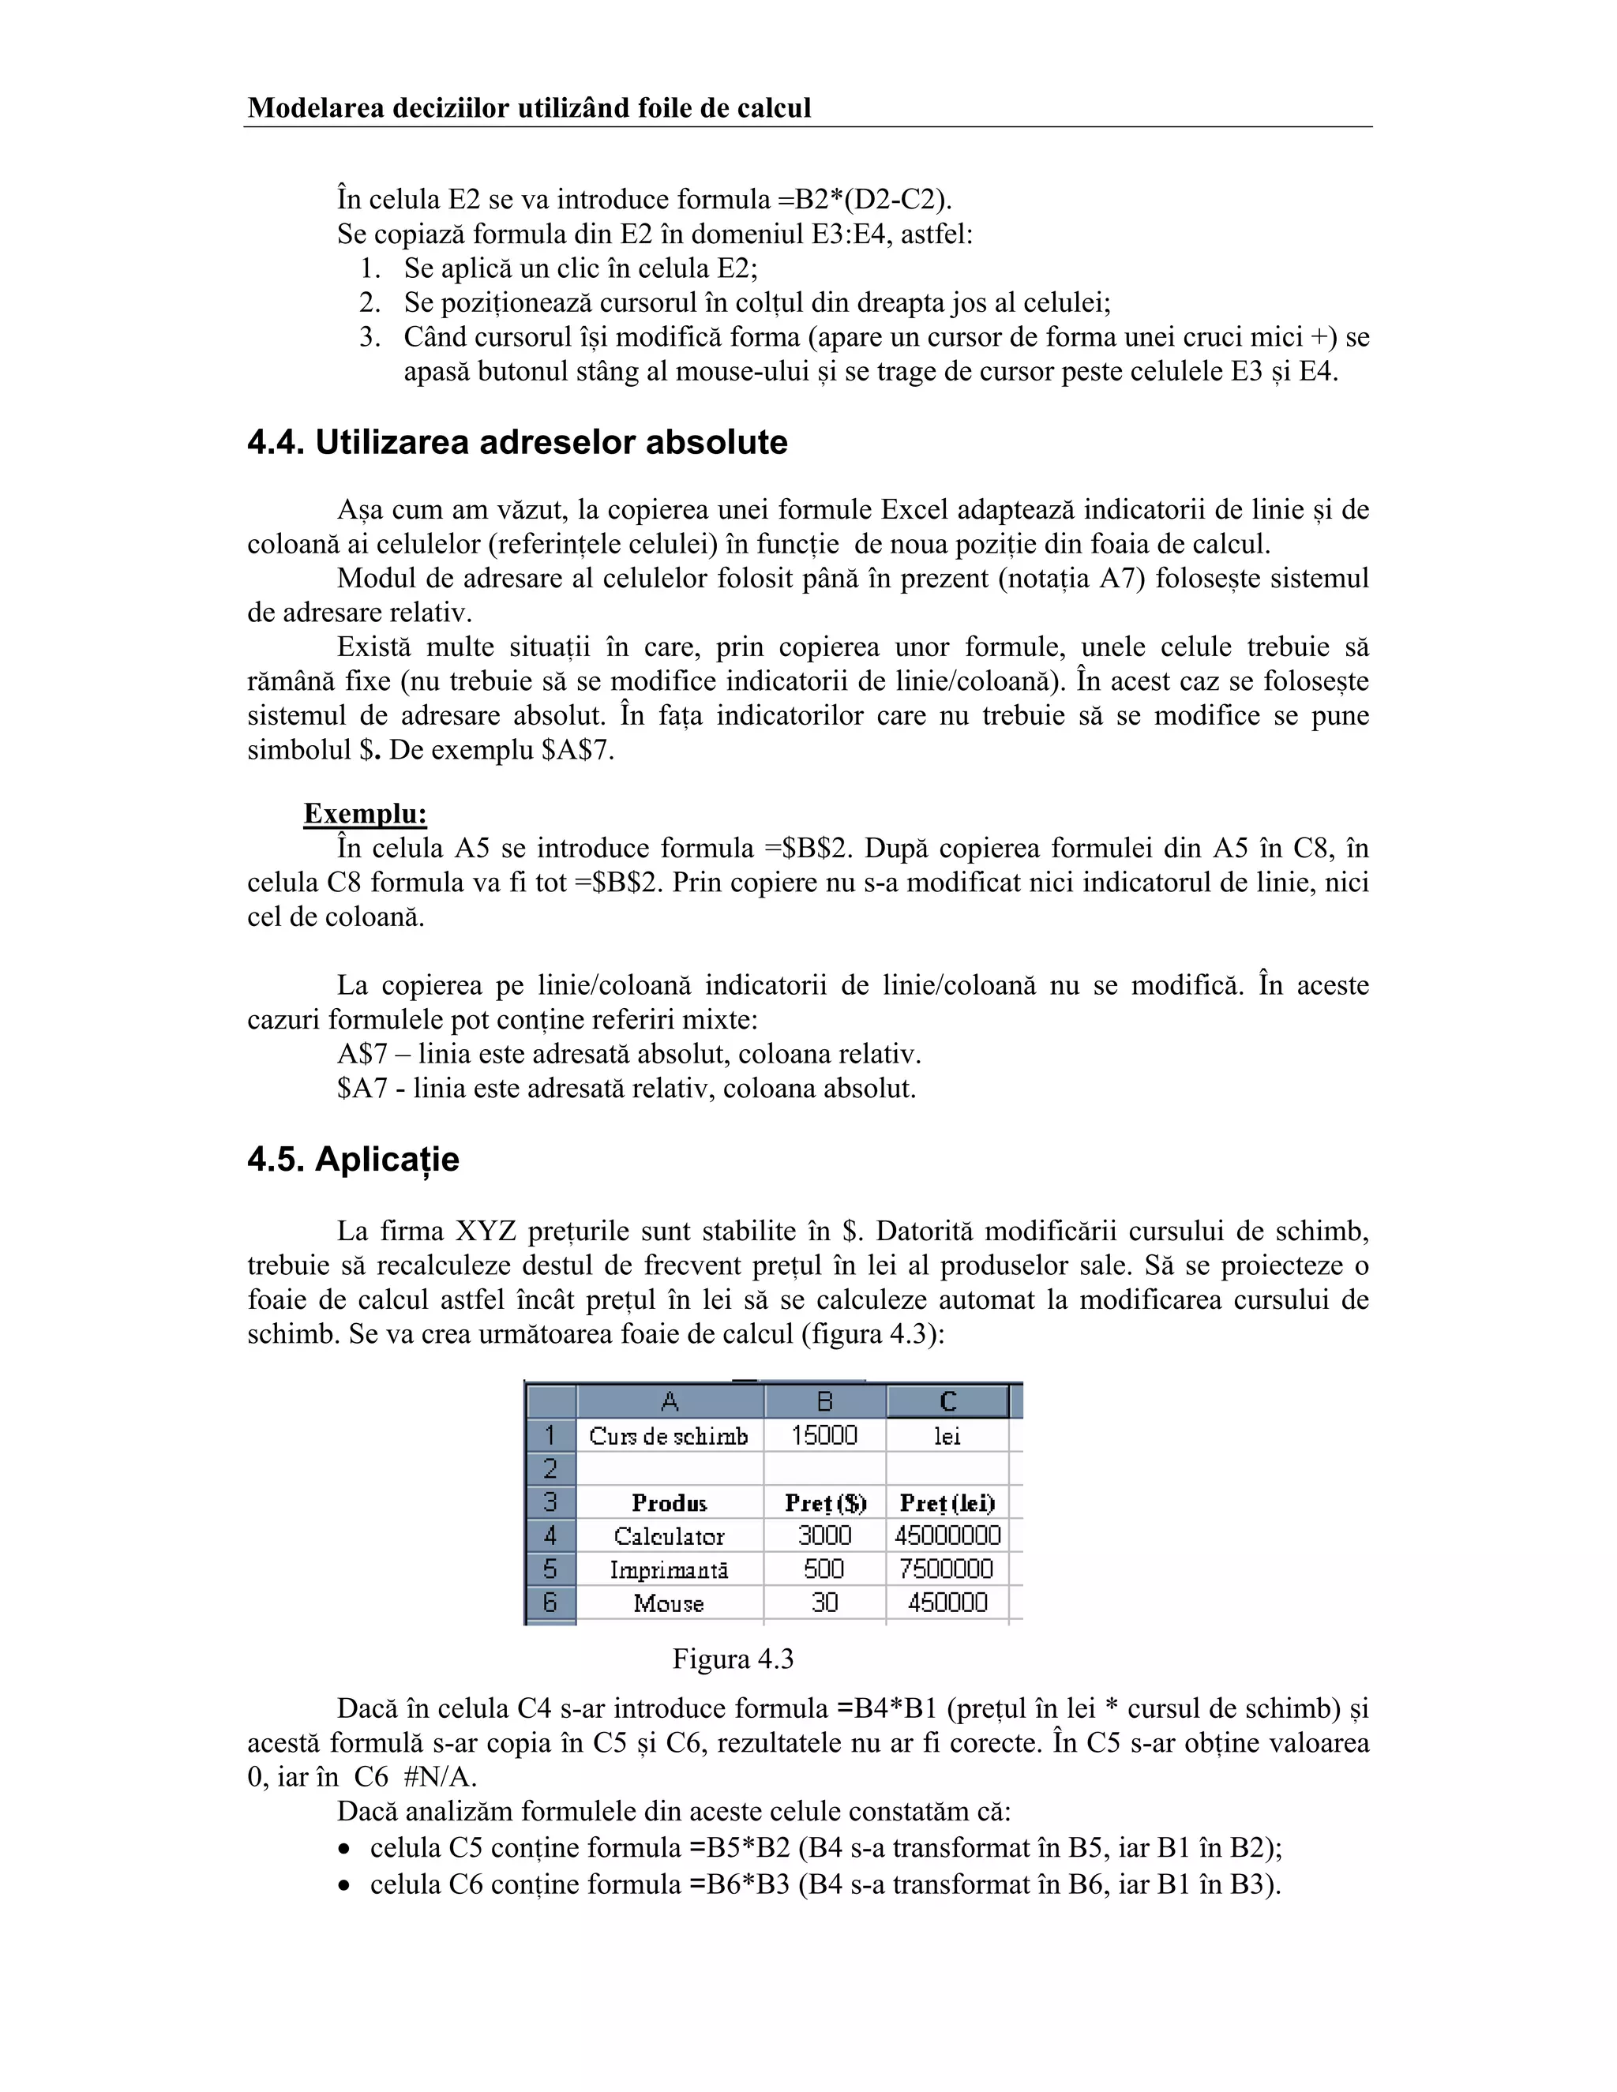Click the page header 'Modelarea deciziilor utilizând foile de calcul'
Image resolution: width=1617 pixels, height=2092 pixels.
(x=529, y=108)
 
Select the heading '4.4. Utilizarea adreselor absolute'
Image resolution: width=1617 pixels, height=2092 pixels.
(x=517, y=443)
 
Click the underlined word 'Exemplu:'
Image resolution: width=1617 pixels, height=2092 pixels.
(x=365, y=814)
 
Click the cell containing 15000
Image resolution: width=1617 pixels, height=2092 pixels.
(x=824, y=1435)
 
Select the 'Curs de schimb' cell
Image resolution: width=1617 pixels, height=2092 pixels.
(x=669, y=1436)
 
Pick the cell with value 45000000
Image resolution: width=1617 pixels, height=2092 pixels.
(x=947, y=1535)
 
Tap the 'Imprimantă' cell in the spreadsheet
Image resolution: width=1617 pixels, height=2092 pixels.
(x=669, y=1570)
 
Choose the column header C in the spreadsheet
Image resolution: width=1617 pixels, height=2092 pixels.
(x=947, y=1402)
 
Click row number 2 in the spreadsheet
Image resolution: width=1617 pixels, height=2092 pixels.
(x=550, y=1468)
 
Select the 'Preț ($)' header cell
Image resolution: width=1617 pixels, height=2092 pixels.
(x=824, y=1503)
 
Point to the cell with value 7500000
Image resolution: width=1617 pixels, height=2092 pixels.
(x=947, y=1569)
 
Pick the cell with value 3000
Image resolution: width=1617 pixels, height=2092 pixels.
(x=824, y=1535)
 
